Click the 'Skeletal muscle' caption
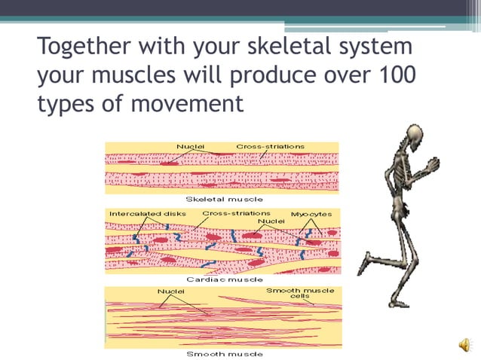click(225, 199)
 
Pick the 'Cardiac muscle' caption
click(225, 279)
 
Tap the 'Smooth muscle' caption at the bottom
click(225, 353)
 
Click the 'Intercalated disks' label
click(148, 214)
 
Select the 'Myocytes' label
click(311, 215)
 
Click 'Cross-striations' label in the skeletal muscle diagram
click(271, 145)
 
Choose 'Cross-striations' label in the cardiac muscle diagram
click(236, 213)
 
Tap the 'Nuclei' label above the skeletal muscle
click(190, 145)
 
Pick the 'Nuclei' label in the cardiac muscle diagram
click(276, 221)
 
